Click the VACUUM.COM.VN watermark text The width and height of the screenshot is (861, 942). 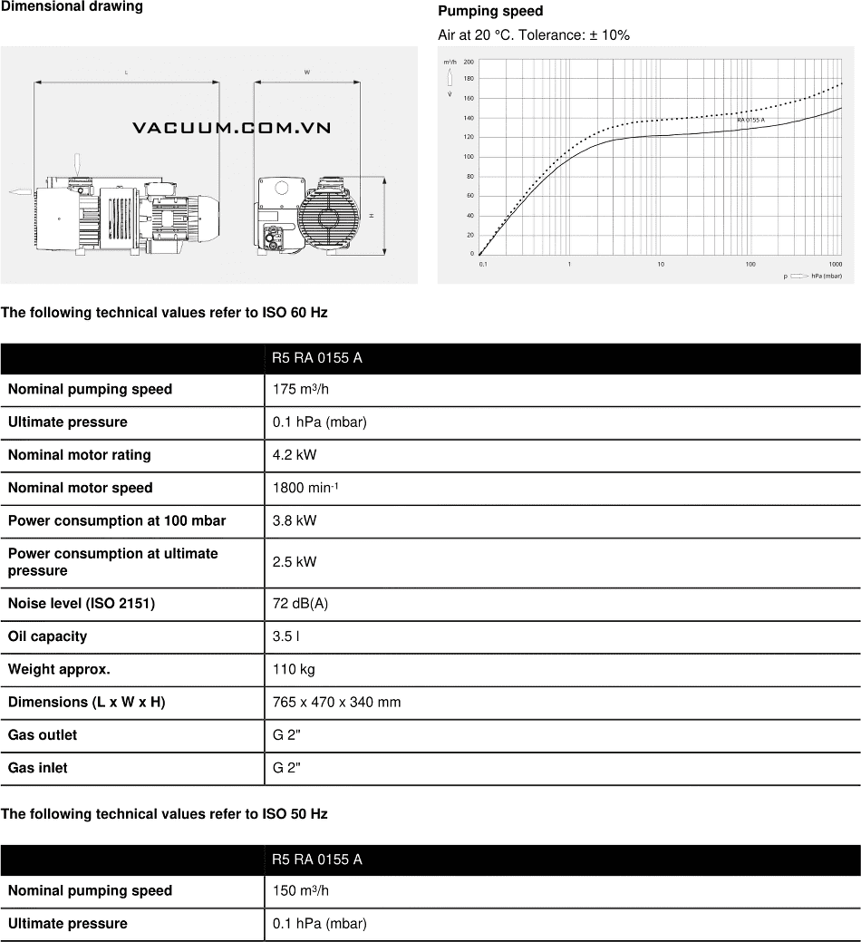(231, 128)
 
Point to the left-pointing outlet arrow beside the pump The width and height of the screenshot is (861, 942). (20, 191)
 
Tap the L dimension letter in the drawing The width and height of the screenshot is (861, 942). (126, 71)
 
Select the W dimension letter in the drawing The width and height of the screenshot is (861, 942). (307, 71)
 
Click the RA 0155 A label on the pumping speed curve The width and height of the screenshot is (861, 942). (750, 120)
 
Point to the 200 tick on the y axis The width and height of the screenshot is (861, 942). (469, 62)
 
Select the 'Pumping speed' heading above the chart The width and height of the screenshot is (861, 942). (490, 12)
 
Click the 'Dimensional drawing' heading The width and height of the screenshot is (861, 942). (72, 7)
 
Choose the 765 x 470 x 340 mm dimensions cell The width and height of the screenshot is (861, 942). (336, 702)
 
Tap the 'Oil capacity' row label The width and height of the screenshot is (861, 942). (47, 636)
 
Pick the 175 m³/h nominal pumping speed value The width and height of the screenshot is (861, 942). (301, 389)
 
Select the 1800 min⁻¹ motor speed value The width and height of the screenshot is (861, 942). (305, 488)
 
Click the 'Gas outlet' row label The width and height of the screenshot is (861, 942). (43, 734)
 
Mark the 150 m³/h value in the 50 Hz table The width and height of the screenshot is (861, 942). (301, 890)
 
